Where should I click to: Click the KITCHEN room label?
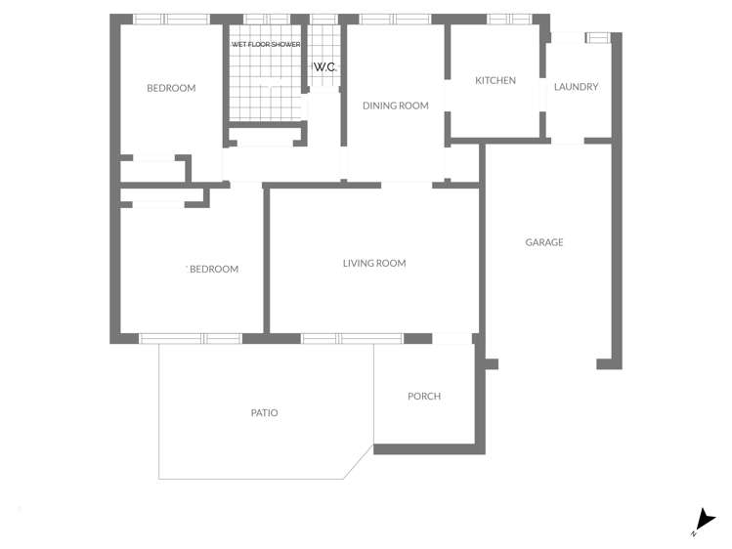[495, 80]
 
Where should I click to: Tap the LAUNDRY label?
[576, 86]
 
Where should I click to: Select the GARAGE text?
[543, 242]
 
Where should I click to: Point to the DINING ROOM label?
[396, 106]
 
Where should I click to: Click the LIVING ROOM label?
[374, 263]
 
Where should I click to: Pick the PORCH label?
[424, 396]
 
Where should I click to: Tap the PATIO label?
[264, 413]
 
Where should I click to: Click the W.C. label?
[324, 67]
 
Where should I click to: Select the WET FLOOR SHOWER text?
[266, 44]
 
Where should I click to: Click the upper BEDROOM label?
[171, 88]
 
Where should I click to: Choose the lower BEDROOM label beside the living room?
[214, 269]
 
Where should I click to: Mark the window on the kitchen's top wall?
[509, 20]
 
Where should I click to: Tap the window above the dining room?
[395, 20]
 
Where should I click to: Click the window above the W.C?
[324, 20]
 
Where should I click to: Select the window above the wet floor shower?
[267, 20]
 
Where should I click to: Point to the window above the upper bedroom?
[172, 20]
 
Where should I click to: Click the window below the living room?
[352, 339]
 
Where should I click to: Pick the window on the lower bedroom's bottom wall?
[191, 339]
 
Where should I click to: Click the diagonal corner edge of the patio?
[359, 462]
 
